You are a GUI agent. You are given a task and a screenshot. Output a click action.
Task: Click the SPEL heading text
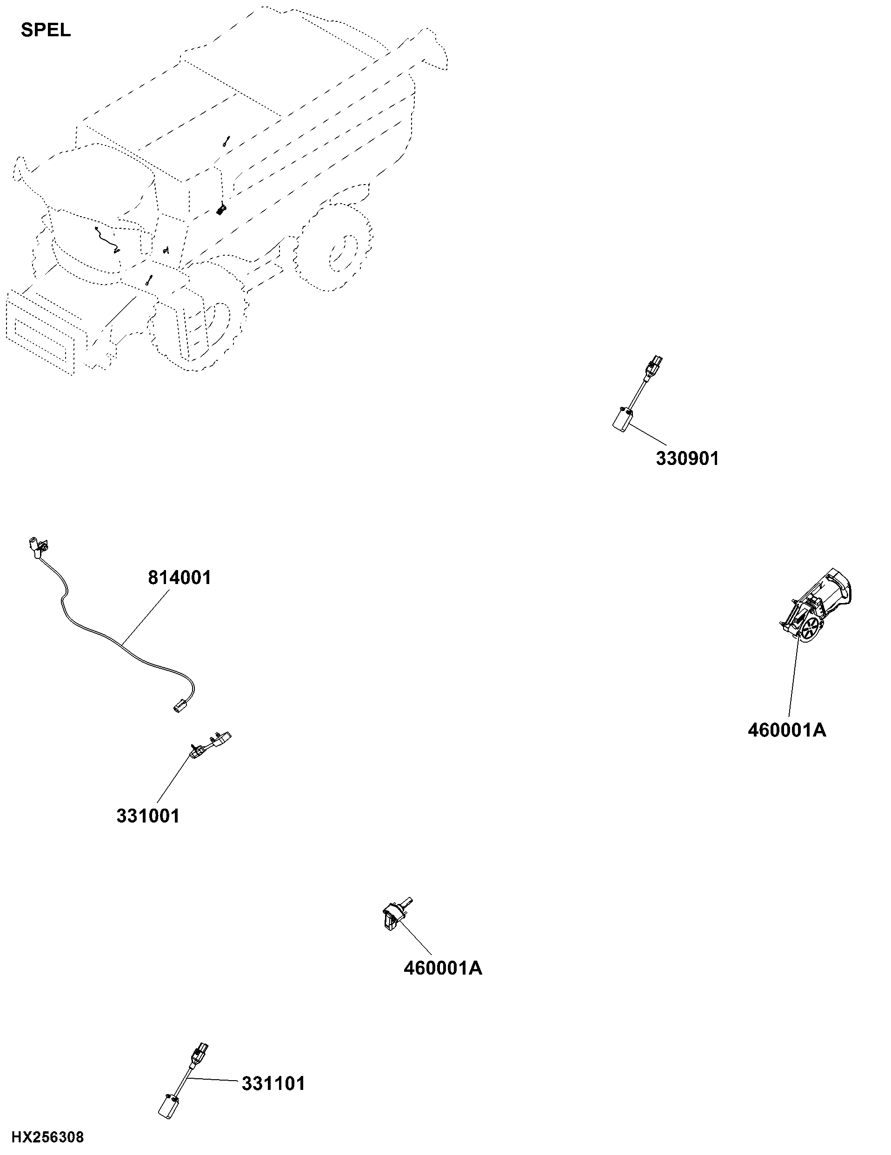pyautogui.click(x=46, y=30)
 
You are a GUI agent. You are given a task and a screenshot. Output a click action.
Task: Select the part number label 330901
pyautogui.click(x=687, y=458)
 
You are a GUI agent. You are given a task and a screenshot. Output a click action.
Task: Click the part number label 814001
pyautogui.click(x=179, y=577)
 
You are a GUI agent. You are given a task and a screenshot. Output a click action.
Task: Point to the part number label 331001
pyautogui.click(x=148, y=816)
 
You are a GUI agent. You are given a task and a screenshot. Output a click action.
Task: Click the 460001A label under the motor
pyautogui.click(x=787, y=730)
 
